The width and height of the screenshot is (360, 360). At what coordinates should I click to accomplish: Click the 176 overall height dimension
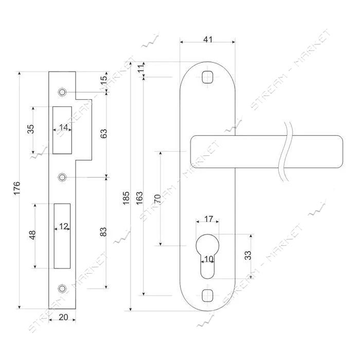[17, 188]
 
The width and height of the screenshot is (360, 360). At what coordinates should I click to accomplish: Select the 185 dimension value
[126, 198]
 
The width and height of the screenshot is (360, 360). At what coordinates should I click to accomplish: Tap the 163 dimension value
[139, 198]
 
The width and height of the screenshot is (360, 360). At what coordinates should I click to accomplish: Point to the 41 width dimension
[208, 40]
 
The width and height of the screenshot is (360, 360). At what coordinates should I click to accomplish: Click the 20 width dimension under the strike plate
[63, 317]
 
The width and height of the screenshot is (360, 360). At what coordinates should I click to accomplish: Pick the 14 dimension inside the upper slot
[64, 127]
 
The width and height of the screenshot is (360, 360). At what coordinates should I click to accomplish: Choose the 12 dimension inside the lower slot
[64, 226]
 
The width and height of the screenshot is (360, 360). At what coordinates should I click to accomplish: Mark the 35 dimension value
[30, 129]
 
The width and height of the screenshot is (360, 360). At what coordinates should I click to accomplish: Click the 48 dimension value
[32, 235]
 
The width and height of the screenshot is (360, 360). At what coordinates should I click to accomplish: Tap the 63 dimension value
[103, 133]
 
